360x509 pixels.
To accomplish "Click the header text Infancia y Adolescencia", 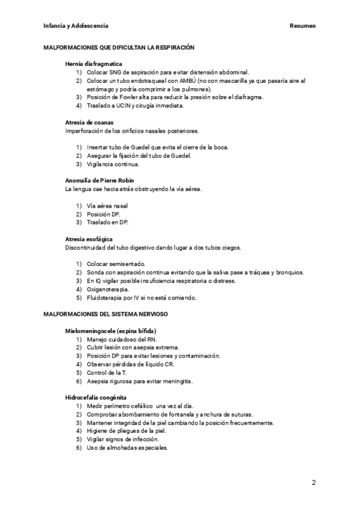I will point(76,26).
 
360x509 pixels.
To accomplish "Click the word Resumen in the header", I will point(302,26).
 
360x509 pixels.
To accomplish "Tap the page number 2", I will point(313,482).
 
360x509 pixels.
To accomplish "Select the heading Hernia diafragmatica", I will point(94,64).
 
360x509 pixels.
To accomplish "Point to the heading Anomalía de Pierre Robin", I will point(99,181).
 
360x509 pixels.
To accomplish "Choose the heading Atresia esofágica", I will point(89,239).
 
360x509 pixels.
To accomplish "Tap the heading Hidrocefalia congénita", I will point(95,397).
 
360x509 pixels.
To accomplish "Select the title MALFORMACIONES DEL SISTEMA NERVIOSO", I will point(106,315).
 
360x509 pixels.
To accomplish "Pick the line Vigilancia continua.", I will point(113,164).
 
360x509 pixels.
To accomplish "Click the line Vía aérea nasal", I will point(107,206).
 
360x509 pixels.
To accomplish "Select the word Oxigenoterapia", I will point(107,289).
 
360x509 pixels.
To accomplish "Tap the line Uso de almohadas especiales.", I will point(127,448).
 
